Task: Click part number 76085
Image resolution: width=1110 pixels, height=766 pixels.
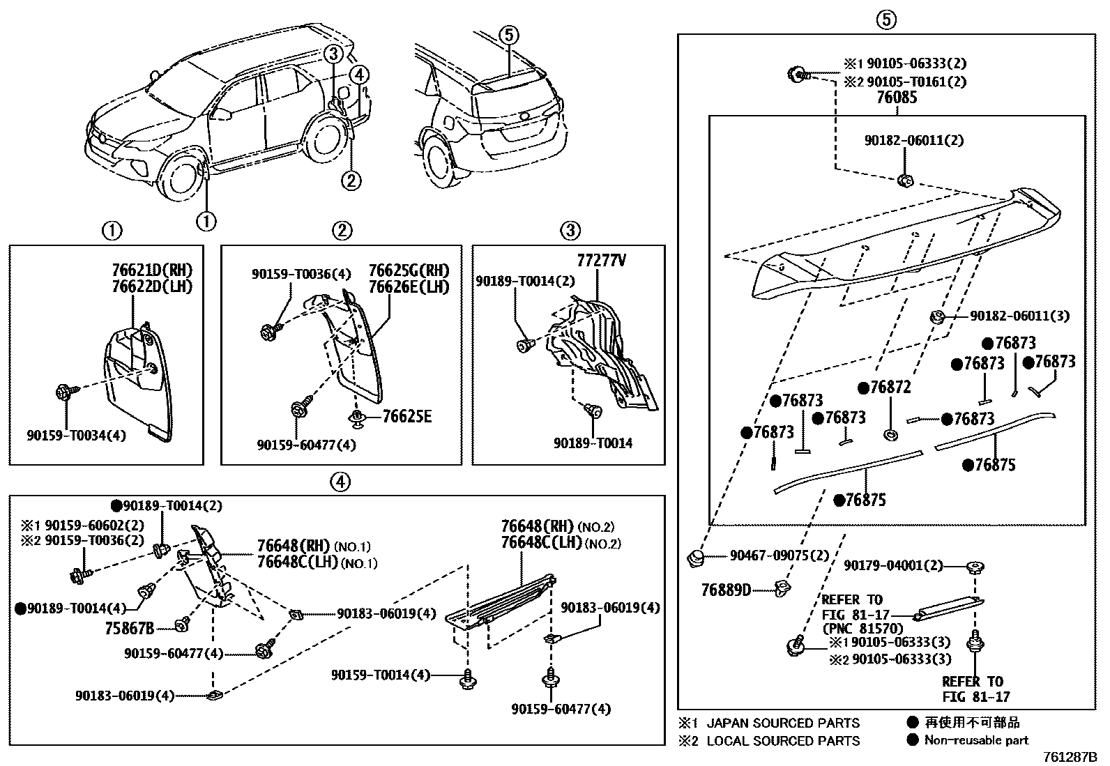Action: coord(896,98)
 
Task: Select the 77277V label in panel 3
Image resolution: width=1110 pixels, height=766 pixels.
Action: coord(601,261)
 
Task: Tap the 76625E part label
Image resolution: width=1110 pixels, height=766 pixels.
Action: coord(406,417)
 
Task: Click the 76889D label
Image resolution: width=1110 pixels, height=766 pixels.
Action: coord(726,590)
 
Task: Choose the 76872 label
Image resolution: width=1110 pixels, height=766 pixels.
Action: coord(890,388)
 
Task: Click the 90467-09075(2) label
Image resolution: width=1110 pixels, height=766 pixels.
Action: coord(780,556)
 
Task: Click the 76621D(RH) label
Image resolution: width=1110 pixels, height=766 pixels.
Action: coord(152,270)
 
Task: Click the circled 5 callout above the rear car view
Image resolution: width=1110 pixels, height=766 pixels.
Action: coord(509,33)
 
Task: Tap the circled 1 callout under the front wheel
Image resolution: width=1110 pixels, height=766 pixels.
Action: coord(206,221)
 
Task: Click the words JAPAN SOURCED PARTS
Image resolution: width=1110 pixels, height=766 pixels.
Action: coord(783,723)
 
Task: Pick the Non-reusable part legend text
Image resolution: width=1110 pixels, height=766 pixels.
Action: coord(976,740)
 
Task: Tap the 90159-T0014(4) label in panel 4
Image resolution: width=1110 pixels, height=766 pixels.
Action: coord(381,675)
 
